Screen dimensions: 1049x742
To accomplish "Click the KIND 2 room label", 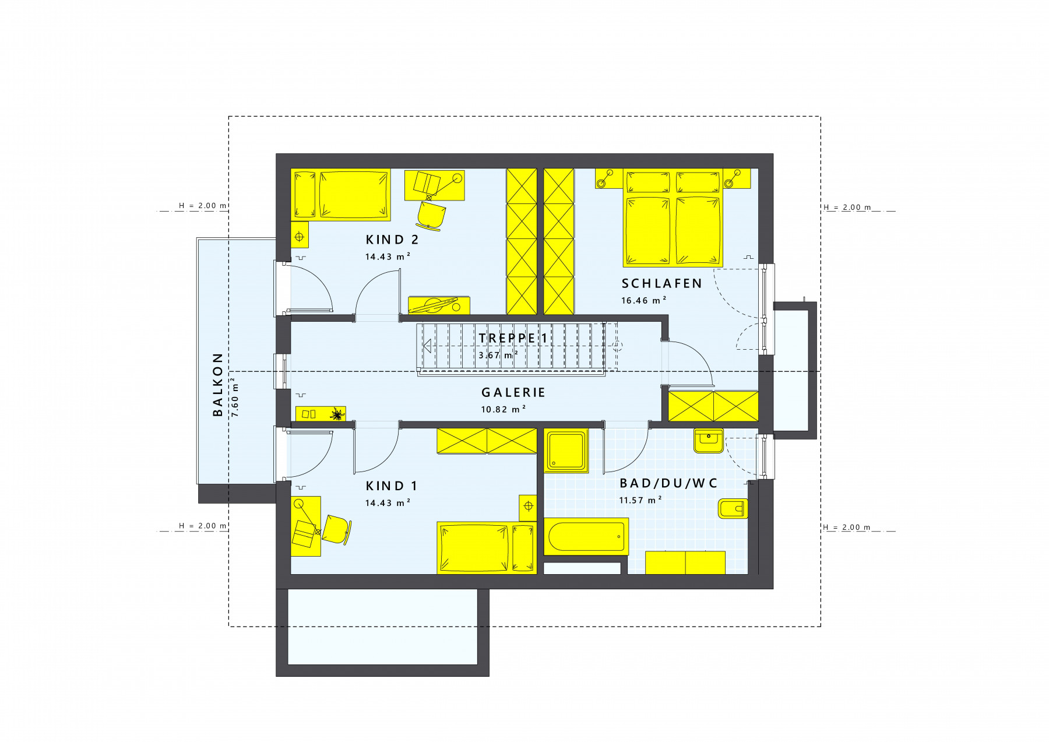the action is pyautogui.click(x=392, y=240).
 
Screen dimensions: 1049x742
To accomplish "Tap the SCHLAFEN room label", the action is pyautogui.click(x=662, y=284).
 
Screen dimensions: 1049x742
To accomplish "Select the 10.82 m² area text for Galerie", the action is pyautogui.click(x=504, y=409).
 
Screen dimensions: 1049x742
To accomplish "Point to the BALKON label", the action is pyautogui.click(x=218, y=384).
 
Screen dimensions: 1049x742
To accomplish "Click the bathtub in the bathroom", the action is pyautogui.click(x=586, y=536).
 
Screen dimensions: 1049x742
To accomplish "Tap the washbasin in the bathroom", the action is pyautogui.click(x=709, y=441).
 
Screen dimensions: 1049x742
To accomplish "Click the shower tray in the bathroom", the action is pyautogui.click(x=566, y=451).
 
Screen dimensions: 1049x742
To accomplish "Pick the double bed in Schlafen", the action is pyautogui.click(x=673, y=218).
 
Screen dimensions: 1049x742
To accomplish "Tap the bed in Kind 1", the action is pyautogui.click(x=487, y=548).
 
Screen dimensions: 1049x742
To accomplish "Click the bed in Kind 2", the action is pyautogui.click(x=341, y=195).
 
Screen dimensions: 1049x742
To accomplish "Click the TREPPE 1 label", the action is pyautogui.click(x=513, y=338).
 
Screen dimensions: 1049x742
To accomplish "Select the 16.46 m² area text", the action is pyautogui.click(x=644, y=301).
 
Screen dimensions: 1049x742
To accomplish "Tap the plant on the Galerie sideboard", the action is pyautogui.click(x=337, y=414).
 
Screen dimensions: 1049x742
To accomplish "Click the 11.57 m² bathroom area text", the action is pyautogui.click(x=641, y=500).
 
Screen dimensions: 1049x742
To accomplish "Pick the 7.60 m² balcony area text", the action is pyautogui.click(x=235, y=397).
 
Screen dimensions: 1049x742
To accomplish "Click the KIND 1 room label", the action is pyautogui.click(x=392, y=486).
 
